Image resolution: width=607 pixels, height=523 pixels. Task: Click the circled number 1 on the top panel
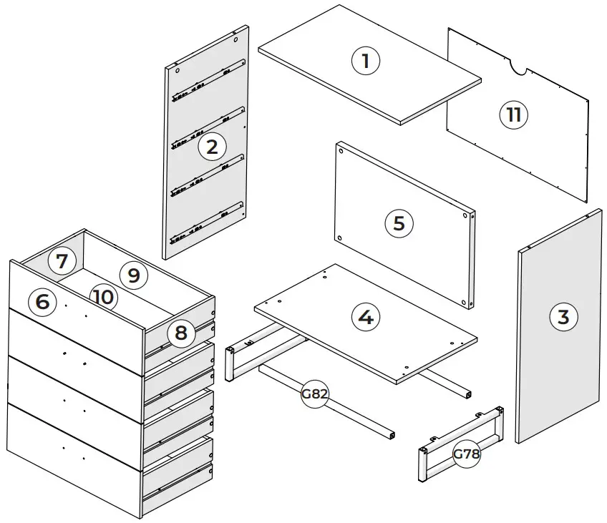(366, 61)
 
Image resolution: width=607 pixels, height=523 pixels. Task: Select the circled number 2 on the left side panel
(212, 147)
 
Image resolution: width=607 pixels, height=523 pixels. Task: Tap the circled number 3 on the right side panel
(563, 316)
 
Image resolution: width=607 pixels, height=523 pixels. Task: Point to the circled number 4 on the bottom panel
(366, 316)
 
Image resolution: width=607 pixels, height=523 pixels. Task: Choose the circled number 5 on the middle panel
(399, 223)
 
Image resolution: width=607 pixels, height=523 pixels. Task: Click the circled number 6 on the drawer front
(42, 301)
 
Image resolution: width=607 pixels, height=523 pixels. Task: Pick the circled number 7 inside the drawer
(62, 261)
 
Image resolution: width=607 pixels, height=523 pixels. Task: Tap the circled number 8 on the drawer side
(181, 333)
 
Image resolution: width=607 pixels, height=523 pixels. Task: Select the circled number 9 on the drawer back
(132, 273)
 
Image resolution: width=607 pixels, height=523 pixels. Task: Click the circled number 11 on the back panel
(513, 114)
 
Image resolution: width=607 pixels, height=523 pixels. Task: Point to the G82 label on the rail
(314, 394)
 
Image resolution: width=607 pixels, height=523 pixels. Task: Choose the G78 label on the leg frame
(466, 454)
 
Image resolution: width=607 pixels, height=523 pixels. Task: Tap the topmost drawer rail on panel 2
(208, 81)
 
